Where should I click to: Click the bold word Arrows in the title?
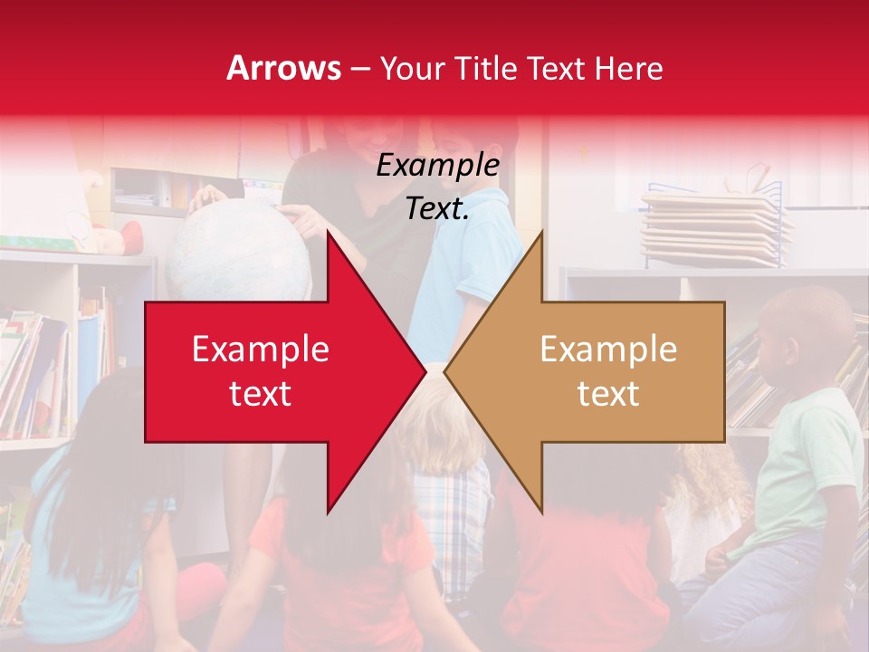coord(283,68)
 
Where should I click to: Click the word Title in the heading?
coord(486,68)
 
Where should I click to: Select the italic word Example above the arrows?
coord(437,166)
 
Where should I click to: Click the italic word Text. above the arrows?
coord(437,208)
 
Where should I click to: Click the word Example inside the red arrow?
coord(260,349)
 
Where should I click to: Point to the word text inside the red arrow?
coord(260,393)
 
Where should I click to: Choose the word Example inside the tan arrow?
coord(608,349)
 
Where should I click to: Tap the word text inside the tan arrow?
coord(608,393)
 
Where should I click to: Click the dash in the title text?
coord(359,69)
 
